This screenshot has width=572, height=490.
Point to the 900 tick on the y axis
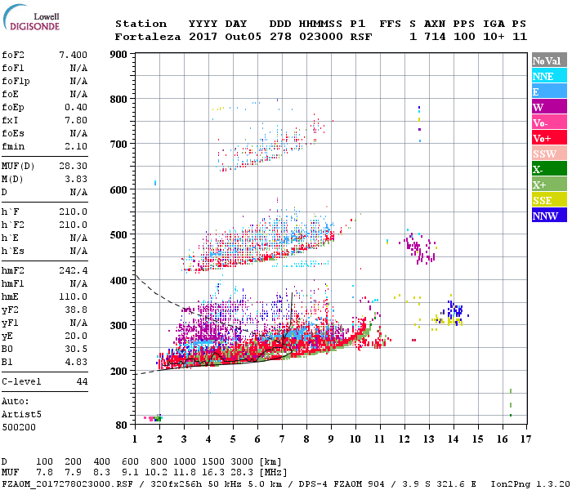coord(118,55)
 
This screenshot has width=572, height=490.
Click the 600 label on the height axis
coord(118,189)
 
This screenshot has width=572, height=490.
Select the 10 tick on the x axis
coord(355,439)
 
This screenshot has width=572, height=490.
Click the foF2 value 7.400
coord(74,55)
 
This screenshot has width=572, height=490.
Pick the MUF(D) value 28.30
coord(74,166)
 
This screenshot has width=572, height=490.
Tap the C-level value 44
coord(82,381)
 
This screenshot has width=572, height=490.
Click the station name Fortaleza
coord(148,37)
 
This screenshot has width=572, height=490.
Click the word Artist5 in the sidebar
coord(21,414)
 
